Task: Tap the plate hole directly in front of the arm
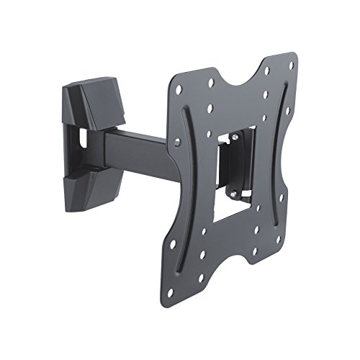click(x=177, y=143)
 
